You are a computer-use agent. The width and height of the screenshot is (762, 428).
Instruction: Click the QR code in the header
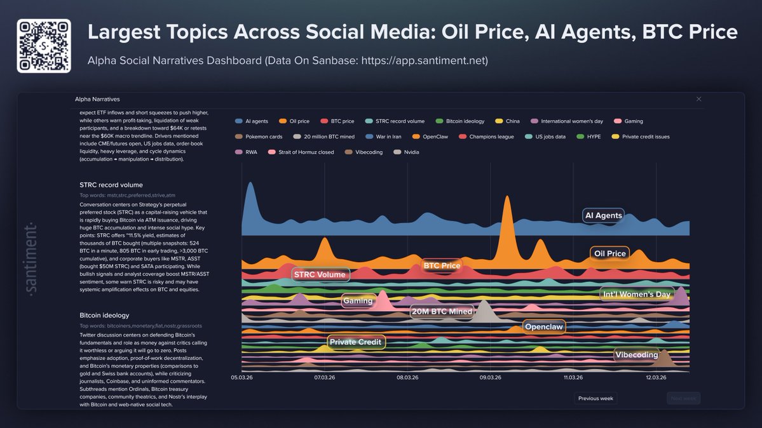(x=44, y=46)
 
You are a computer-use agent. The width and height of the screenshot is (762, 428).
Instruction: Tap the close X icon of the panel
(x=698, y=99)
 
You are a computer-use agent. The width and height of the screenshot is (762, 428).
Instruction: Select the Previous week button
(x=595, y=398)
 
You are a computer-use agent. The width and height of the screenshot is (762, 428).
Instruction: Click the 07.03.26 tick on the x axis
(x=324, y=377)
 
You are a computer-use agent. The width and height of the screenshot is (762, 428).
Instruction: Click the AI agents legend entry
(x=252, y=121)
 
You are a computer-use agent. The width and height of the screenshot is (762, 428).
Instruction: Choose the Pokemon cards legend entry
(x=261, y=137)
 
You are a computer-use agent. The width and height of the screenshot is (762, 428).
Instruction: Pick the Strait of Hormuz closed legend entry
(x=301, y=152)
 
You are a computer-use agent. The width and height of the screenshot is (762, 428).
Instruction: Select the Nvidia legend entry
(x=406, y=152)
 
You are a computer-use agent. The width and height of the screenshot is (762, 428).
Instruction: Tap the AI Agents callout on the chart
(x=603, y=215)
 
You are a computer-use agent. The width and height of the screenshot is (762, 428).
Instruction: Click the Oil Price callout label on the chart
(x=609, y=253)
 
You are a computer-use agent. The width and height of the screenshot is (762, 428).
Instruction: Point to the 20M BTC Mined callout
(x=442, y=311)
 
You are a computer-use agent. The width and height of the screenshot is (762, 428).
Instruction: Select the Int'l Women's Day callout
(x=636, y=294)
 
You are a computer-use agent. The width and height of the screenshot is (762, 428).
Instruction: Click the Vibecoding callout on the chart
(x=636, y=354)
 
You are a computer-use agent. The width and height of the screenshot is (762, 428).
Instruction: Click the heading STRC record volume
(x=111, y=185)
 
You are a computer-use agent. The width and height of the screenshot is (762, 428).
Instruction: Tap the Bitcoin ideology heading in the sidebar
(x=104, y=315)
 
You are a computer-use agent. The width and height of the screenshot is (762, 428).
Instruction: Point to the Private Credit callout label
(x=356, y=342)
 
